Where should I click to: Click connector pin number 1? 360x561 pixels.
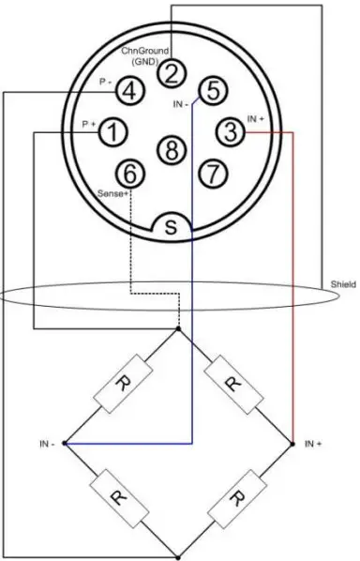tap(112, 132)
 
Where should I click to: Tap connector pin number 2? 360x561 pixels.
tap(171, 71)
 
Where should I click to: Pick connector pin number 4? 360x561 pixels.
tap(131, 91)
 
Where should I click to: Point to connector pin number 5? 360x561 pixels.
tap(213, 91)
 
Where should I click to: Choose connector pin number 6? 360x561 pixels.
tap(130, 174)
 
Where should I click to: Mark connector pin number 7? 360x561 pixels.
tap(213, 174)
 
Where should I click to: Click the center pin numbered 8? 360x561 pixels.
tap(171, 148)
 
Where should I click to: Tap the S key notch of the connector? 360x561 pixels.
tap(172, 226)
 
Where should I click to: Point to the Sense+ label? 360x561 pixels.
tap(113, 191)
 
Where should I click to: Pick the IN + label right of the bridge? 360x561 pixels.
tap(313, 442)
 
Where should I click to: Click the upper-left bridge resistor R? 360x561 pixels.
tap(122, 386)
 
